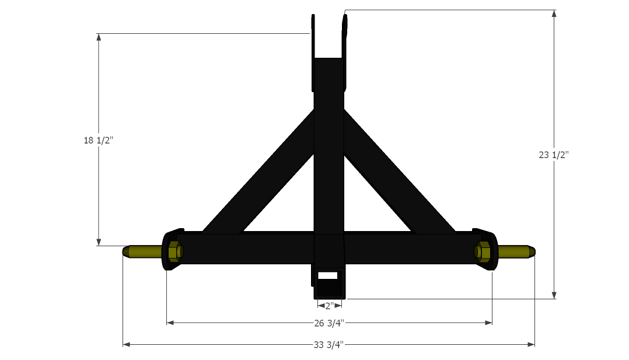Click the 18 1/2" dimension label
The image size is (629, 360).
pyautogui.click(x=99, y=141)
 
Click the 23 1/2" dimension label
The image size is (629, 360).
pyautogui.click(x=554, y=155)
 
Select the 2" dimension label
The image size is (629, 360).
pyautogui.click(x=329, y=306)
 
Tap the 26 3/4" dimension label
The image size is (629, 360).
pyautogui.click(x=329, y=323)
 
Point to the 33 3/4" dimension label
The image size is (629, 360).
pyautogui.click(x=329, y=345)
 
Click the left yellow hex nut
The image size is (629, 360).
pyautogui.click(x=175, y=251)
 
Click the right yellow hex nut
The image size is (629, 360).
pyautogui.click(x=483, y=251)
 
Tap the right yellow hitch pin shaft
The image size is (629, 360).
pyautogui.click(x=517, y=251)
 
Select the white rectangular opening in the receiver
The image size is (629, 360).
pyautogui.click(x=328, y=276)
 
